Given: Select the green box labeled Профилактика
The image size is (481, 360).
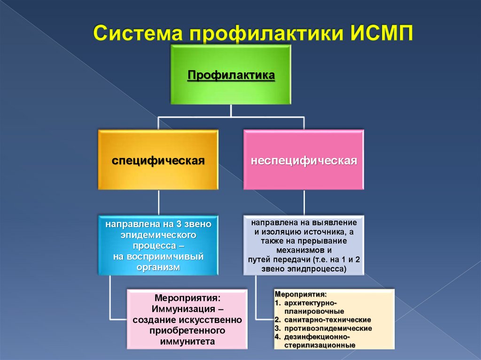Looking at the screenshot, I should pos(231,75).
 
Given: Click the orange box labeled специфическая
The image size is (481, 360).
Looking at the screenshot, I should pos(158,161).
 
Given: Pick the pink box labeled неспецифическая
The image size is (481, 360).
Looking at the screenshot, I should pos(303,161).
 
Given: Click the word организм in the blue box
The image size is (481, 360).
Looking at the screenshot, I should pos(158,267).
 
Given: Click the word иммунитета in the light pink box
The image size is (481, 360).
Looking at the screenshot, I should pos(187,342).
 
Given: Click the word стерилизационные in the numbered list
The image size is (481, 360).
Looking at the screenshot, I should pos(319,345).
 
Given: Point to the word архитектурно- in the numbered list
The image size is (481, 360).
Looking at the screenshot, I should pos(310,303).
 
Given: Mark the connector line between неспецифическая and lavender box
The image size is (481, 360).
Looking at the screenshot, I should pos(303,202).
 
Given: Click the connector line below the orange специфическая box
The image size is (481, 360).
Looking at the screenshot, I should pos(158,202).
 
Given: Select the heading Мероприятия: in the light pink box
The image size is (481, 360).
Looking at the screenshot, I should pos(187,298).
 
